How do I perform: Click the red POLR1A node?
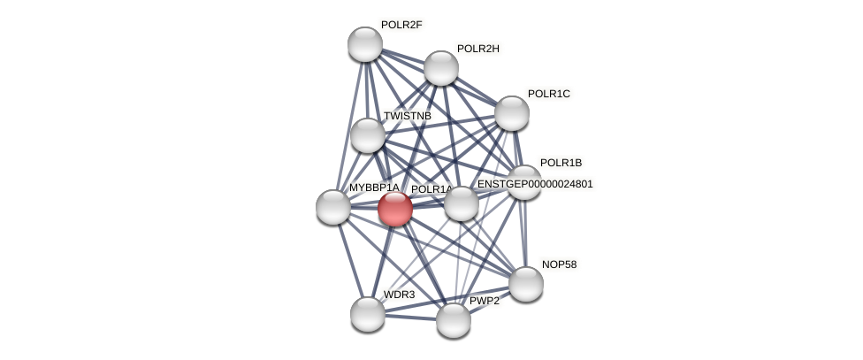[x=394, y=209]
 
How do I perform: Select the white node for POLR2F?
[x=364, y=44]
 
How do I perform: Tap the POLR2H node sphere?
[x=440, y=68]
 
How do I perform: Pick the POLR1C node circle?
[x=511, y=113]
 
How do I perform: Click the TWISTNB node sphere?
[x=367, y=135]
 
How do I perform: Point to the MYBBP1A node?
[x=332, y=207]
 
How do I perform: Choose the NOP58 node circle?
[x=525, y=284]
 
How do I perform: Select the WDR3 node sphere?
[x=367, y=313]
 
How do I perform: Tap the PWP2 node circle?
[x=453, y=319]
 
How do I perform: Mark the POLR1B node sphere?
[x=523, y=182]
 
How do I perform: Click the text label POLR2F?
[x=401, y=25]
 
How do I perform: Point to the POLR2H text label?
[x=477, y=49]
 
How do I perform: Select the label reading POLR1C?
[x=548, y=94]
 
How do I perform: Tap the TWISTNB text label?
[x=407, y=117]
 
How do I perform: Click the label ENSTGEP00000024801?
[x=535, y=184]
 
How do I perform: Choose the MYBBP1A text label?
[x=373, y=188]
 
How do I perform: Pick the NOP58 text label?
[x=562, y=264]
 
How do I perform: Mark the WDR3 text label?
[x=399, y=295]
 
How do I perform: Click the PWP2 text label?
[x=484, y=302]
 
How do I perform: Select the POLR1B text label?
[x=561, y=163]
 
